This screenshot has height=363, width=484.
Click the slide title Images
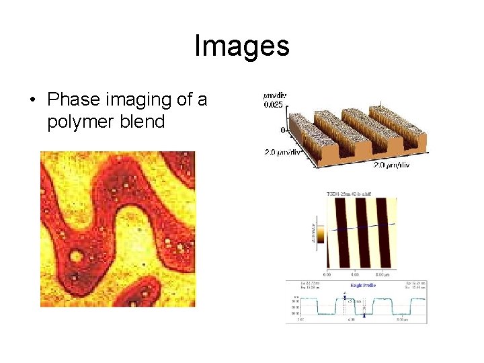click(x=242, y=46)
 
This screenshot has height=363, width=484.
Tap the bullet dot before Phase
click(x=32, y=101)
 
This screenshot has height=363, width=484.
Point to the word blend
click(x=141, y=122)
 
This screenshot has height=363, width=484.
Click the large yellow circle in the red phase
click(x=77, y=256)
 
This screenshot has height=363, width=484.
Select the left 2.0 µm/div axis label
click(x=283, y=153)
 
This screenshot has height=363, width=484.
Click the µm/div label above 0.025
click(x=274, y=95)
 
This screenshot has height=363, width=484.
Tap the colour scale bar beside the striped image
click(x=320, y=234)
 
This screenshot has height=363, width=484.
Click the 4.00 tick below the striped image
click(x=355, y=274)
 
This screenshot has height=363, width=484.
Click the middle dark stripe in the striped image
click(x=362, y=233)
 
